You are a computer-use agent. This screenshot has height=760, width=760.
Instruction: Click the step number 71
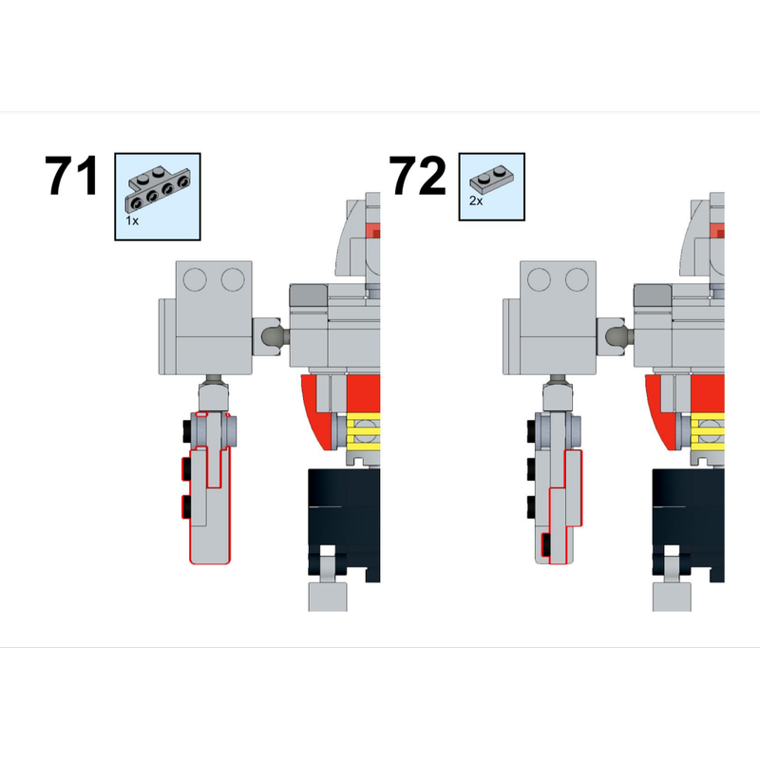(72, 177)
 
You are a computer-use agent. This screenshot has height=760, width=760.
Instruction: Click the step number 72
(417, 177)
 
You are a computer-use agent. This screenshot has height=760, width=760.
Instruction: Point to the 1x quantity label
(132, 218)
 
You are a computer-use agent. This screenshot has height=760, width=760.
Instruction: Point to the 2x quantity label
(476, 201)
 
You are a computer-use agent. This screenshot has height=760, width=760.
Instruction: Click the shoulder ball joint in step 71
(271, 334)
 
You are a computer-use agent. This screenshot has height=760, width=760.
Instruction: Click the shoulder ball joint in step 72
(615, 334)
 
